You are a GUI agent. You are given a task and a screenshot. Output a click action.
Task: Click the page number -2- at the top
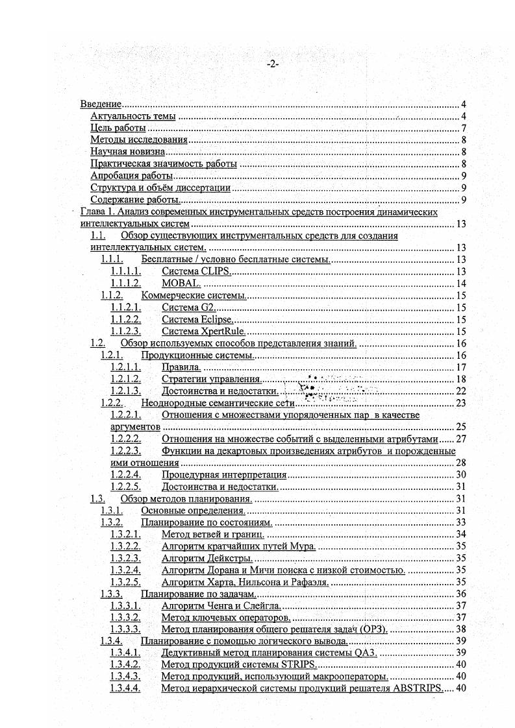pyautogui.click(x=272, y=64)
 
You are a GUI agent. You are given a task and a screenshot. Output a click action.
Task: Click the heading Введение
pyautogui.click(x=101, y=104)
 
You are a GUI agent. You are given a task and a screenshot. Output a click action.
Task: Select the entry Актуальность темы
pyautogui.click(x=132, y=116)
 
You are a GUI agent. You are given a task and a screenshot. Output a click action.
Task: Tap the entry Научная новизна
pyautogui.click(x=128, y=152)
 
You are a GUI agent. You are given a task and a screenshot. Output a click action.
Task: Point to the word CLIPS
pyautogui.click(x=216, y=271)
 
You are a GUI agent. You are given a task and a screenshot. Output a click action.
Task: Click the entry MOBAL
pyautogui.click(x=181, y=284)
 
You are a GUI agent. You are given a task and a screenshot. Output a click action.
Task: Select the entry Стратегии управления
pyautogui.click(x=211, y=379)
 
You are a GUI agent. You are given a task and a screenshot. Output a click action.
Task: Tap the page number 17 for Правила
pyautogui.click(x=462, y=367)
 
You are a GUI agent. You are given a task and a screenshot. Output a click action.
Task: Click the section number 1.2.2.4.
pyautogui.click(x=125, y=475)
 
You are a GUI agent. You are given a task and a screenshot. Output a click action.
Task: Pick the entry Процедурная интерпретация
pyautogui.click(x=229, y=475)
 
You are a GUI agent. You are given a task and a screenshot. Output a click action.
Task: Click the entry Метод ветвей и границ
pyautogui.click(x=212, y=535)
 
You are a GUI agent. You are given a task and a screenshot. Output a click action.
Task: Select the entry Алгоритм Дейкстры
pyautogui.click(x=207, y=558)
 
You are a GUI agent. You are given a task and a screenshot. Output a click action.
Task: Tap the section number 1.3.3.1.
pyautogui.click(x=125, y=605)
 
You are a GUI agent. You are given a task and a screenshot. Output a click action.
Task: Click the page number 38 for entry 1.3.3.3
pyautogui.click(x=462, y=629)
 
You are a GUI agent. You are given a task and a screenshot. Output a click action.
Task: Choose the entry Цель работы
pyautogui.click(x=118, y=128)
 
